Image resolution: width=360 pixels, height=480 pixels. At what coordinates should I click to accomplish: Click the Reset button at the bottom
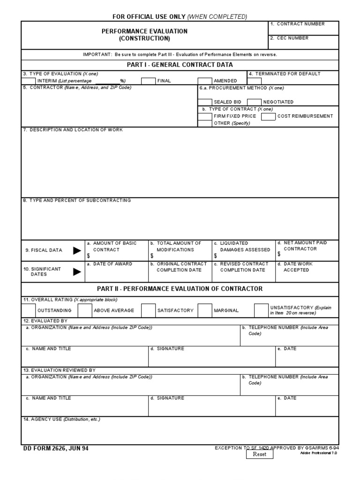click(x=259, y=454)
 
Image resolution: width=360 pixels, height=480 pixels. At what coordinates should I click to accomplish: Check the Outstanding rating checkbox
click(x=29, y=310)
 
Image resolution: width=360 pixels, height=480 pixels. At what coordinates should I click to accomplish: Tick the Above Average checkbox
click(x=85, y=310)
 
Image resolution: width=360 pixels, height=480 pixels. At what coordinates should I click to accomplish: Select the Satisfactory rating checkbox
click(x=148, y=310)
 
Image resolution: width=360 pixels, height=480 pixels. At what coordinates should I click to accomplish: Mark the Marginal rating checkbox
click(x=205, y=310)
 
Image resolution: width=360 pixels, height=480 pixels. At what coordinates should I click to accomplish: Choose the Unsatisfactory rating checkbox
click(x=261, y=310)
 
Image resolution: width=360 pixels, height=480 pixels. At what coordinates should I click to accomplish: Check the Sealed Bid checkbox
click(x=205, y=102)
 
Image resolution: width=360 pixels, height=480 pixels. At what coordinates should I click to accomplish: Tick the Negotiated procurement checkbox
click(x=254, y=102)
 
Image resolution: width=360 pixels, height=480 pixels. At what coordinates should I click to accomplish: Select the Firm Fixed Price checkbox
click(x=205, y=116)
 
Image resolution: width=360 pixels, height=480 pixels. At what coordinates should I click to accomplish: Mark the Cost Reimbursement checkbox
click(x=268, y=116)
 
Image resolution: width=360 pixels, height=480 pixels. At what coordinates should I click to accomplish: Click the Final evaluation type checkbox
click(x=148, y=81)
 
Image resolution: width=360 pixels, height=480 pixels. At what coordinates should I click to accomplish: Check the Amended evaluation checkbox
click(x=205, y=81)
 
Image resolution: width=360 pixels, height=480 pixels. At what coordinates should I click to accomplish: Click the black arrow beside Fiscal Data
click(x=77, y=250)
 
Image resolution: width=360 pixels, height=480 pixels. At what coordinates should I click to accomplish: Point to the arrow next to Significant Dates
click(x=77, y=271)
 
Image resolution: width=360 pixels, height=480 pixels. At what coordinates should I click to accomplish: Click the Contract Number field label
click(x=300, y=24)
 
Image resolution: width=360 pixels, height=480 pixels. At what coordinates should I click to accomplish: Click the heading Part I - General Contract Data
click(x=180, y=65)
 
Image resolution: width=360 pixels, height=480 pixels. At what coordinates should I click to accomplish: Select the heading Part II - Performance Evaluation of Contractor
click(x=180, y=289)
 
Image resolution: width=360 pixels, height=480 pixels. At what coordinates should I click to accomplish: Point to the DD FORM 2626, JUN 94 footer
click(x=55, y=448)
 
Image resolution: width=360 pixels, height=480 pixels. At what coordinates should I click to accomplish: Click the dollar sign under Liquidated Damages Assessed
click(x=215, y=256)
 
